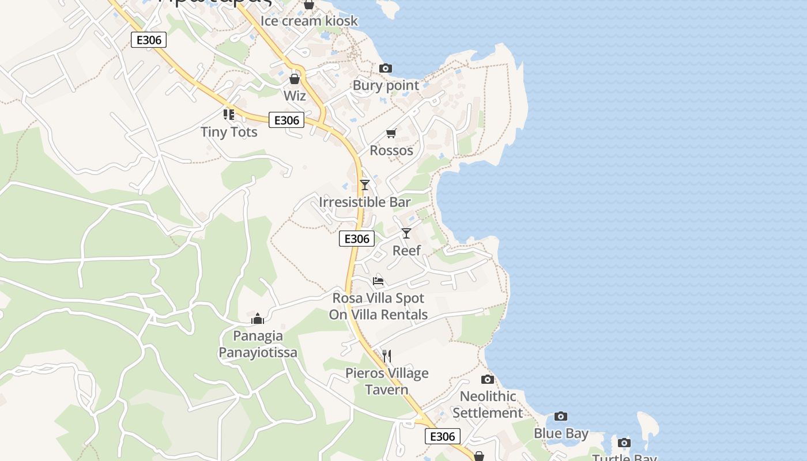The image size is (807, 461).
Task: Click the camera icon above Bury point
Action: pos(386,69)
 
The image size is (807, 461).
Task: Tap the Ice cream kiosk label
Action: pos(309,21)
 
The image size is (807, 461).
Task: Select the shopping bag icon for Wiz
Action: pos(295,78)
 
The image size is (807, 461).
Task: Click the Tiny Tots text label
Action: pos(229,132)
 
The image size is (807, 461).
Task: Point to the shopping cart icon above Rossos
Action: pos(391,134)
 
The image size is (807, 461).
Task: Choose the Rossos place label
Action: pos(391,150)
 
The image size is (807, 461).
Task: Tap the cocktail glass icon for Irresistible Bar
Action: pos(364,185)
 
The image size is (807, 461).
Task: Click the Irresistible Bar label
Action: pos(364,202)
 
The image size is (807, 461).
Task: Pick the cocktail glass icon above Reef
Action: pos(406,233)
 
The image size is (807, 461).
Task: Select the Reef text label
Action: pos(406,251)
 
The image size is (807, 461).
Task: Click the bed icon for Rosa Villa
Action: pos(378,281)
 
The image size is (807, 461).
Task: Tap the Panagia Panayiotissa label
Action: pos(258,344)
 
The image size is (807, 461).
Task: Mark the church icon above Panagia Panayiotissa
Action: pos(258,319)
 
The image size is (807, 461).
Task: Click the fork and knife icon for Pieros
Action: pos(387,356)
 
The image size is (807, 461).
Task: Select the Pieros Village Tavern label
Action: pos(387,381)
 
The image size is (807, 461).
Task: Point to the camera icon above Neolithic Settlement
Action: pos(488,379)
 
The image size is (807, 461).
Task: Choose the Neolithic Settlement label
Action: pos(488,405)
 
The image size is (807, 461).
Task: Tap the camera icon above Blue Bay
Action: pos(561,417)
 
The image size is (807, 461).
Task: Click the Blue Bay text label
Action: pos(561,433)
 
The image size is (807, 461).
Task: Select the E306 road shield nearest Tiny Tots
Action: pos(286,120)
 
